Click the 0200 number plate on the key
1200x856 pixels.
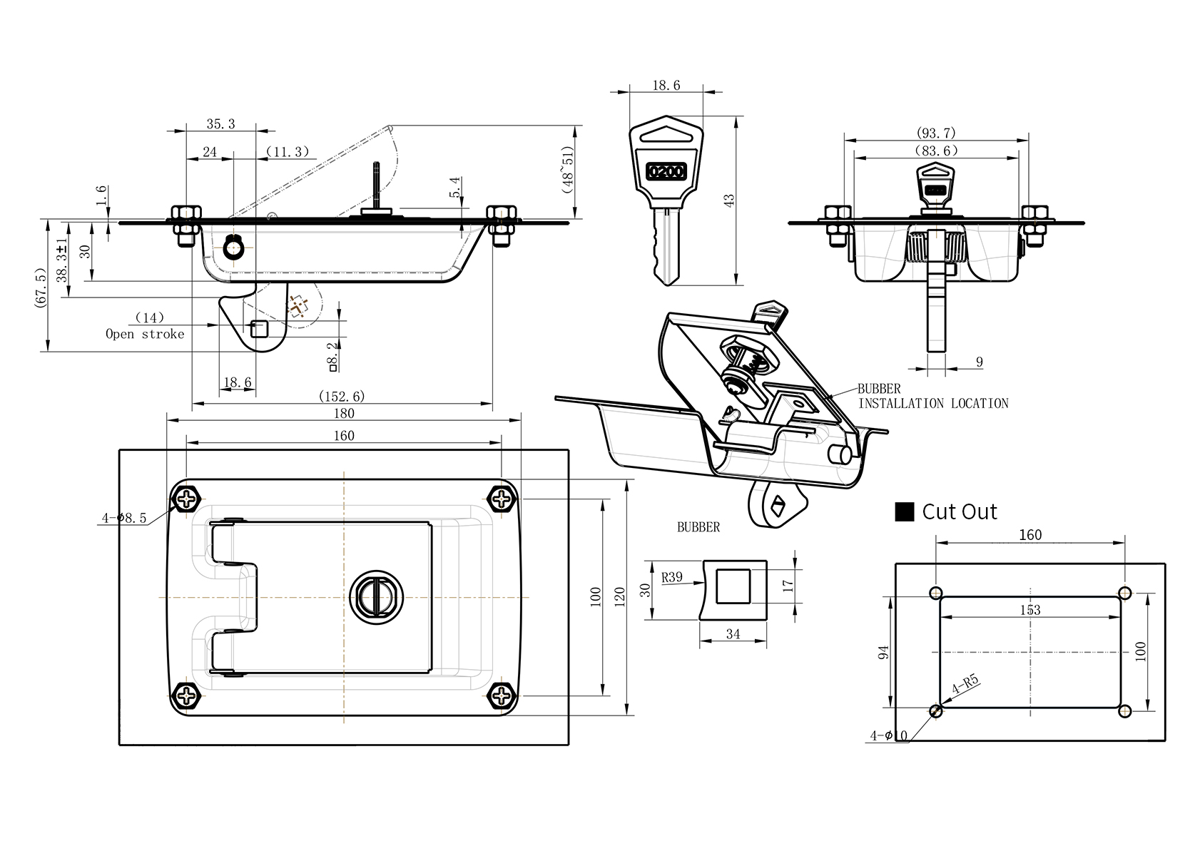[x=665, y=172]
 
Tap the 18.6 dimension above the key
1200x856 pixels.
[x=666, y=86]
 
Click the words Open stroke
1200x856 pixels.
[x=145, y=334]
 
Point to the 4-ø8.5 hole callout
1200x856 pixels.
[x=123, y=519]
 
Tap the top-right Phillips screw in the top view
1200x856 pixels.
[x=504, y=498]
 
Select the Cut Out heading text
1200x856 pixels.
[x=959, y=511]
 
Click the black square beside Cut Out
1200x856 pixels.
[x=904, y=511]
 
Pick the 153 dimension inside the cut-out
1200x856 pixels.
[x=1029, y=610]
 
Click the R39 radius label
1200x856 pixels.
[x=671, y=577]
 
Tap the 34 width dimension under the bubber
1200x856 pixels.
[x=733, y=633]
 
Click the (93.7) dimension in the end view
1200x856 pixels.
[x=935, y=133]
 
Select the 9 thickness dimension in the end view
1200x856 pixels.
[x=979, y=362]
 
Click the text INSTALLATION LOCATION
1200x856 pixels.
[x=932, y=404]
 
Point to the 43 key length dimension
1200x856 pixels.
[x=729, y=200]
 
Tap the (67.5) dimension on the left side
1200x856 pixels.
[x=39, y=287]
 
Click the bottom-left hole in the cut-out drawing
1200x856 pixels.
[x=936, y=710]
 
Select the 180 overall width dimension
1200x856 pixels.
[x=343, y=414]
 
